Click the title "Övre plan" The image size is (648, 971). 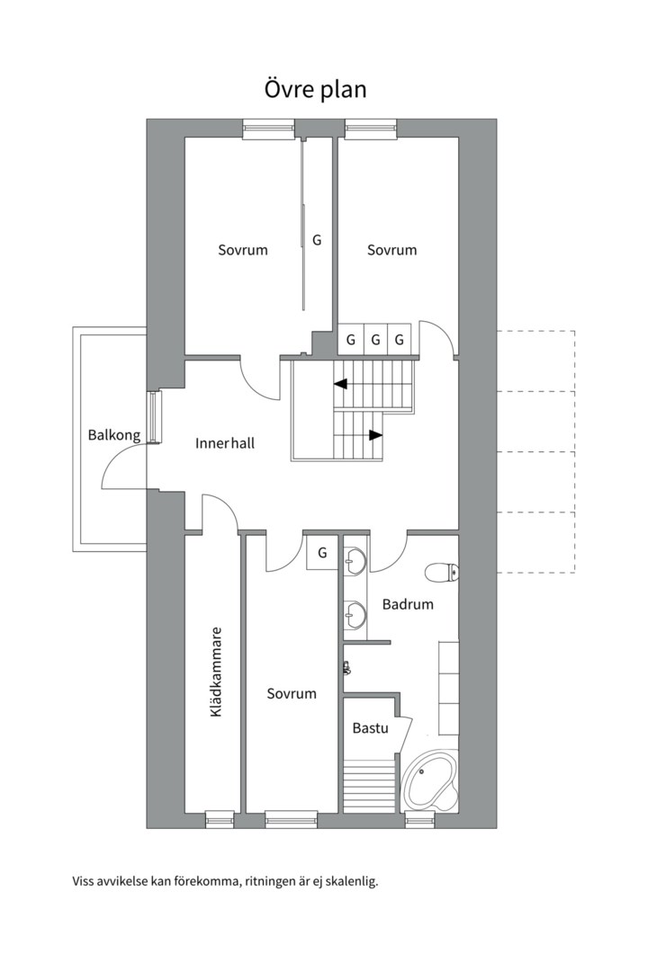[x=315, y=91]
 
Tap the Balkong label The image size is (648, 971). [x=114, y=436]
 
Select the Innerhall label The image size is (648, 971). [x=225, y=443]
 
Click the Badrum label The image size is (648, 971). [x=408, y=604]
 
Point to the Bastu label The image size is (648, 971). [x=370, y=727]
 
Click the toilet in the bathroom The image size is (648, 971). [x=442, y=571]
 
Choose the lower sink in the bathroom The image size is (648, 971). [x=355, y=617]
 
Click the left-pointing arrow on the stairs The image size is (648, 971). [x=341, y=384]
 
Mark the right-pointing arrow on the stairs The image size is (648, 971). [x=374, y=435]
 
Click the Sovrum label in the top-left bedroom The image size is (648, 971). [x=243, y=250]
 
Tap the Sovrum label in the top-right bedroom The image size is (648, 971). [x=392, y=250]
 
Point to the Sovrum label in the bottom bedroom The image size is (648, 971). [x=292, y=693]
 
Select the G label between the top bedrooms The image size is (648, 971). [x=317, y=241]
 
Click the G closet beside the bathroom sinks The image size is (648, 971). [x=322, y=552]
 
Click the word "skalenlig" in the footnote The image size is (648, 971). [x=351, y=881]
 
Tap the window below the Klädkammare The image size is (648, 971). [x=220, y=819]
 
